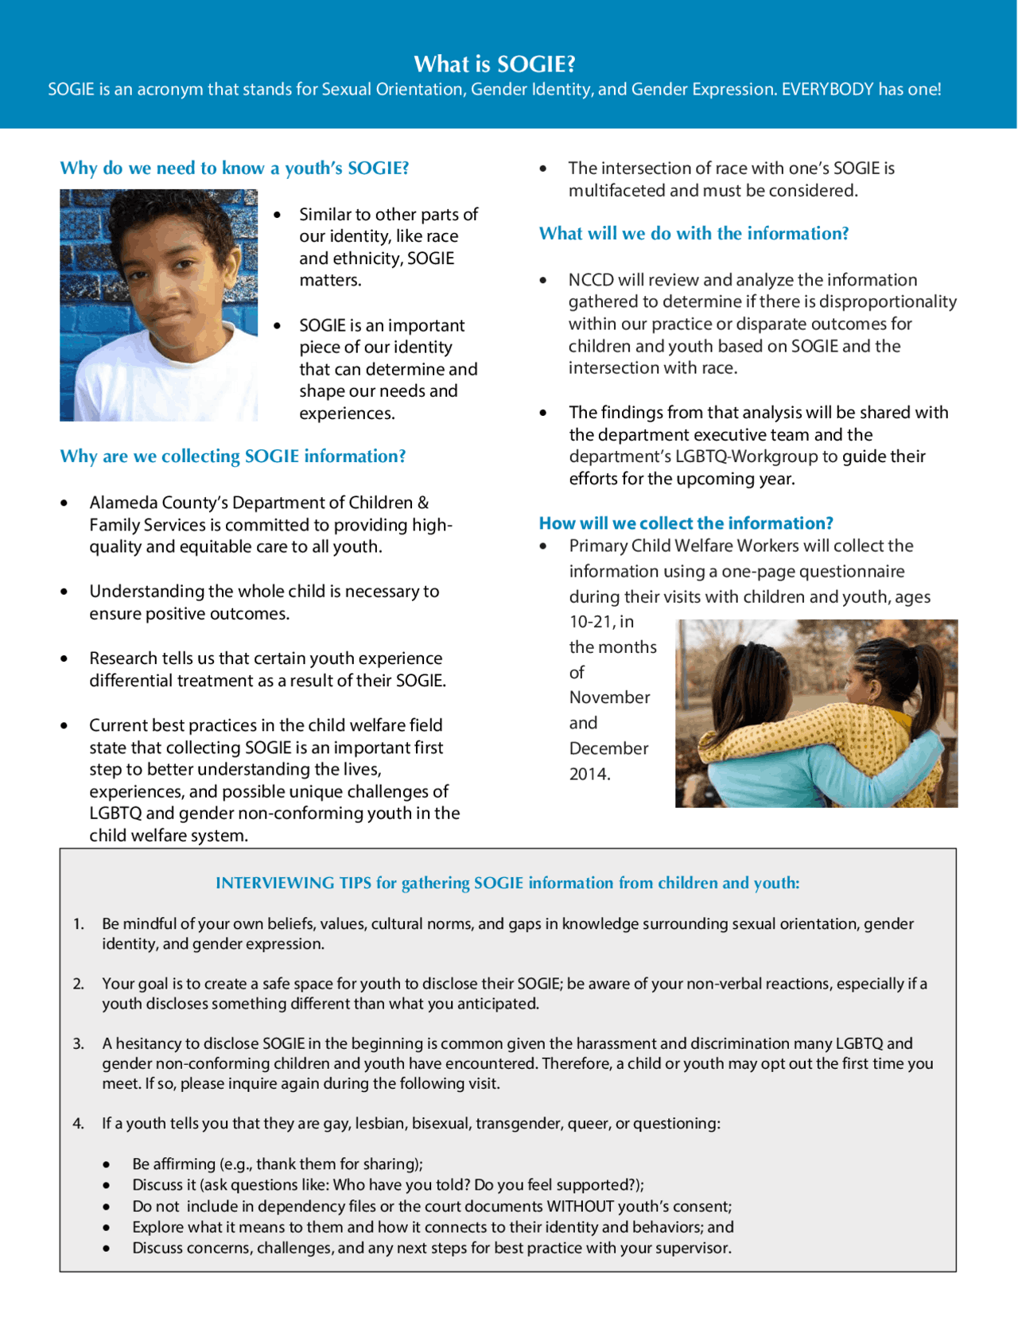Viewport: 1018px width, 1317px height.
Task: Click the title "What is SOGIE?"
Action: coord(495,64)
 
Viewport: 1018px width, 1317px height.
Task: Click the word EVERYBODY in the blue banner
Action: coord(827,89)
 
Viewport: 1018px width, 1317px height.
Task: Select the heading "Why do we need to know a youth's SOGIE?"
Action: coord(235,168)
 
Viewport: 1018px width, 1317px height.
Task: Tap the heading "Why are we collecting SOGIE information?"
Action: coord(233,456)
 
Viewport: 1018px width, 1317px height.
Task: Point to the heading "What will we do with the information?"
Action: coord(694,233)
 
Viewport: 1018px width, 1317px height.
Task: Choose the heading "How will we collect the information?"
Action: coord(686,523)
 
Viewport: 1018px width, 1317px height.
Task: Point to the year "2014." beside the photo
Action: coord(589,774)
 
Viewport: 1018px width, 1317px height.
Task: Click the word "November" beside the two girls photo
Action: coord(609,697)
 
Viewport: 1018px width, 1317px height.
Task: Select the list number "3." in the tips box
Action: coord(79,1043)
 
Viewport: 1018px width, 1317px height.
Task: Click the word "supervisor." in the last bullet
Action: coord(693,1248)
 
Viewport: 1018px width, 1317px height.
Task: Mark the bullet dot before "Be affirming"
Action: coord(107,1164)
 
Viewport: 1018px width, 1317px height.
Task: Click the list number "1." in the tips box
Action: coord(79,924)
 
